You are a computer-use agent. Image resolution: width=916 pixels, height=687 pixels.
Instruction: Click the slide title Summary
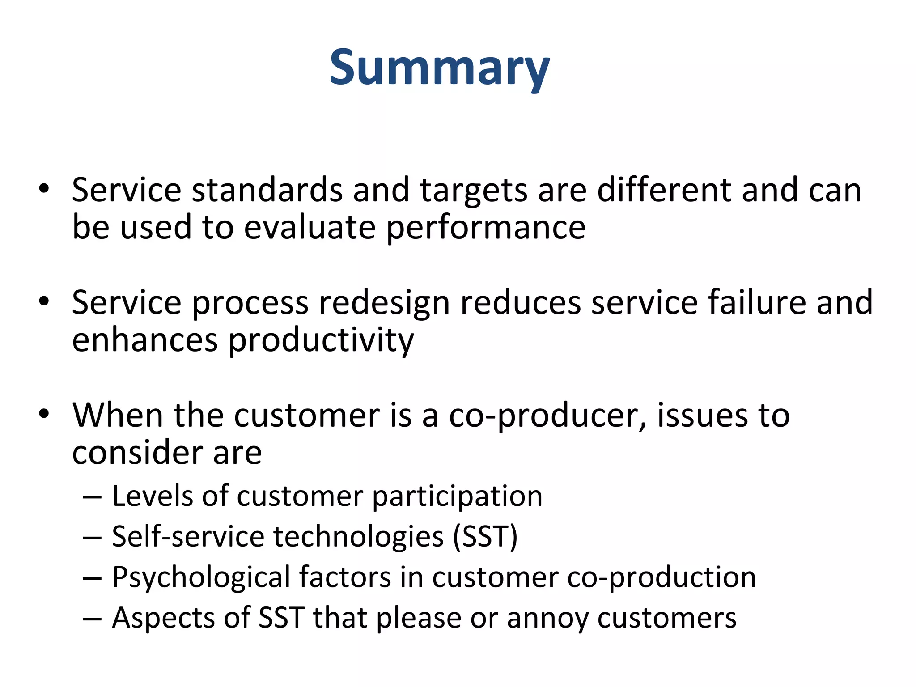pyautogui.click(x=439, y=68)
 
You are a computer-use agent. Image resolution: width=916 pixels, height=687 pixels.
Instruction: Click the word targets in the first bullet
pyautogui.click(x=473, y=191)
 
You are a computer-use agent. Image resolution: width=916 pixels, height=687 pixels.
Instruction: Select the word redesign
pyautogui.click(x=384, y=303)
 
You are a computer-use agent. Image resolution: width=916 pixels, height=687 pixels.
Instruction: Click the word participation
pyautogui.click(x=457, y=496)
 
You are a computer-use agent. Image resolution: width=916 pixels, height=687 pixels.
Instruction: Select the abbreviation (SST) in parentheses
pyautogui.click(x=485, y=537)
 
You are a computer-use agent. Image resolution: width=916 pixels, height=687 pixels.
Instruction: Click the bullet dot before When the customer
pyautogui.click(x=43, y=414)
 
